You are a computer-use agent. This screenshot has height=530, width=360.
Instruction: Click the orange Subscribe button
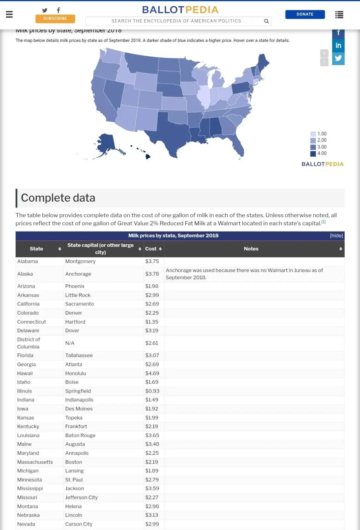tap(55, 19)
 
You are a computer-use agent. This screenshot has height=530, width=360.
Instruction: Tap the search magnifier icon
tap(266, 21)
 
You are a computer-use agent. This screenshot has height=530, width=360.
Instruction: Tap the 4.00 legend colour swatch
tap(313, 153)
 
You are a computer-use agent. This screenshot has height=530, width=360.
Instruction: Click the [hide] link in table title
tap(336, 236)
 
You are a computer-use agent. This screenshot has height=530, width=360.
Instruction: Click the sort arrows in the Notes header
tap(340, 249)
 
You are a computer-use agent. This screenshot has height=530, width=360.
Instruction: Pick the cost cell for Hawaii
tap(152, 373)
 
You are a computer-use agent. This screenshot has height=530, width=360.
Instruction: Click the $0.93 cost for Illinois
tap(152, 391)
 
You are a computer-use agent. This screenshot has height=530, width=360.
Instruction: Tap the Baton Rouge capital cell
tap(80, 435)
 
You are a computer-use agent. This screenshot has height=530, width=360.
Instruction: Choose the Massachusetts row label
tap(35, 462)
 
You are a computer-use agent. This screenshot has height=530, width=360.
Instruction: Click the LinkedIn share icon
tap(338, 45)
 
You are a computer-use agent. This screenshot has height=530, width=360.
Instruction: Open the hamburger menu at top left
tap(9, 14)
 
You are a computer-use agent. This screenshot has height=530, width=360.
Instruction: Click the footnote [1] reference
tap(324, 222)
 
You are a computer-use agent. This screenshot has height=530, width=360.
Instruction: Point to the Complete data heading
tap(58, 198)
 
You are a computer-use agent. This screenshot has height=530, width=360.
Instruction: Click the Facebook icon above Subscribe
tap(58, 10)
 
